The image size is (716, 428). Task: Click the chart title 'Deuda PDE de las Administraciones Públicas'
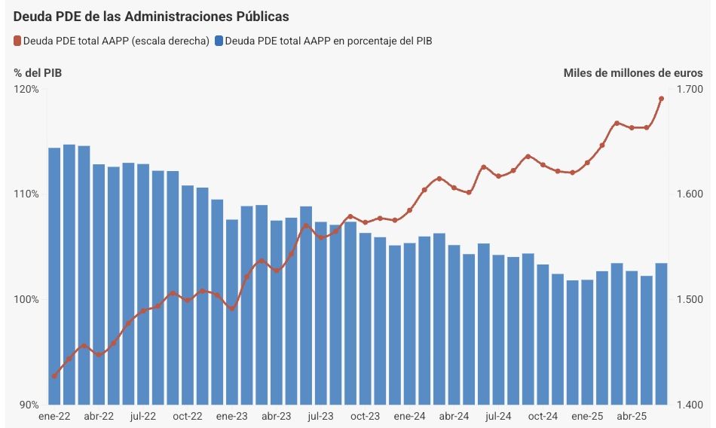(x=151, y=16)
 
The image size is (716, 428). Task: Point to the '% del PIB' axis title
(x=37, y=73)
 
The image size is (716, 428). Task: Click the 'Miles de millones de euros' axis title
(x=632, y=73)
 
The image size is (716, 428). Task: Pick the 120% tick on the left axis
(x=26, y=90)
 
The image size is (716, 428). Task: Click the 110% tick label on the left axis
(x=26, y=194)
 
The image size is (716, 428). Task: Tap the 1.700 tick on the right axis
(x=690, y=90)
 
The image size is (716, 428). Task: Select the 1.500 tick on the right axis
(x=690, y=300)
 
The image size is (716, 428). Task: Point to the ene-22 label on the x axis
(x=54, y=416)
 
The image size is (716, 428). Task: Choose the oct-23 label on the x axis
(x=365, y=416)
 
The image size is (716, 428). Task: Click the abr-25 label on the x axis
(x=632, y=416)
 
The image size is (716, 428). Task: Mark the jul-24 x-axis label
(x=498, y=416)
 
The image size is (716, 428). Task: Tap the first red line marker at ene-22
(x=54, y=376)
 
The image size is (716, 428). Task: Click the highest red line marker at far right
(x=661, y=99)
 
